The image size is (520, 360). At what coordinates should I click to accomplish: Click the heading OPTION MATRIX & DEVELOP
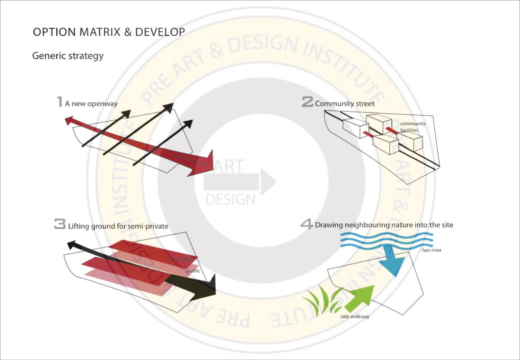(109, 32)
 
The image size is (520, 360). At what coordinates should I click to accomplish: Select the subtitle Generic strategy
(68, 55)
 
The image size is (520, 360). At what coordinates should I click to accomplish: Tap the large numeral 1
(60, 102)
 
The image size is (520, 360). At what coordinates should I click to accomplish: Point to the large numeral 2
(307, 102)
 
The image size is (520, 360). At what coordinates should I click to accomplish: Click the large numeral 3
(60, 225)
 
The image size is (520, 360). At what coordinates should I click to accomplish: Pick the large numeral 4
(307, 224)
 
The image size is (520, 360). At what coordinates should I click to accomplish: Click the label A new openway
(91, 104)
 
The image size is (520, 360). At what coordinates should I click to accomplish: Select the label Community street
(344, 104)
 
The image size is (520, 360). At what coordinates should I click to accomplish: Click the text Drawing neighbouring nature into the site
(384, 225)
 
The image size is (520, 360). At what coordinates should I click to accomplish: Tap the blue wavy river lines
(387, 240)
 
